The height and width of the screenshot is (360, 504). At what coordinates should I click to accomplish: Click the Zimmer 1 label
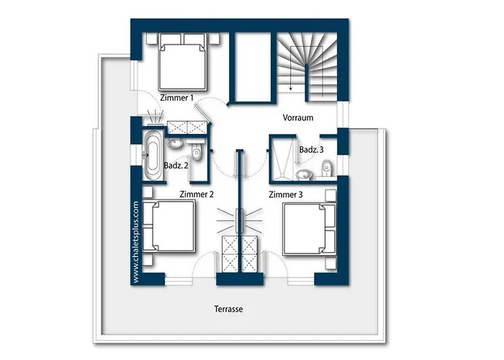pyautogui.click(x=177, y=97)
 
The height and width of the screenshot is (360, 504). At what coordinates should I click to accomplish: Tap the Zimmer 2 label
pyautogui.click(x=197, y=194)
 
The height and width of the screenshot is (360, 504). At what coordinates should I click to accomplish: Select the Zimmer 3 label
pyautogui.click(x=286, y=194)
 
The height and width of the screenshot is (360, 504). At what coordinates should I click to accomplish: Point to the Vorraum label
pyautogui.click(x=298, y=117)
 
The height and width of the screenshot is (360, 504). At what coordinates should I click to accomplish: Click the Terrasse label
pyautogui.click(x=228, y=309)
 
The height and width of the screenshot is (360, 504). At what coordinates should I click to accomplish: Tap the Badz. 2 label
pyautogui.click(x=176, y=166)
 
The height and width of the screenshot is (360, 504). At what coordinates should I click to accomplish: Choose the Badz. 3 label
pyautogui.click(x=312, y=150)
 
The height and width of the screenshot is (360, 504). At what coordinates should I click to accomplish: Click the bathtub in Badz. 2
pyautogui.click(x=152, y=156)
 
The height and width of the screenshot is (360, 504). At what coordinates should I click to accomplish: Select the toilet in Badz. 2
pyautogui.click(x=195, y=150)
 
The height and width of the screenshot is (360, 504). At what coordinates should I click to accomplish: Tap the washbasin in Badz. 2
pyautogui.click(x=175, y=143)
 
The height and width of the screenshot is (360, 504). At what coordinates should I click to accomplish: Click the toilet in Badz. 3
pyautogui.click(x=327, y=168)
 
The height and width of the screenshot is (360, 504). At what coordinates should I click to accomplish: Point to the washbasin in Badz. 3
pyautogui.click(x=304, y=175)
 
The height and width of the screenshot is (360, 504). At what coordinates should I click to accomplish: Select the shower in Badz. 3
pyautogui.click(x=282, y=158)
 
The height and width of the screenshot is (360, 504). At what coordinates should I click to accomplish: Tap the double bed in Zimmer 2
pyautogui.click(x=169, y=225)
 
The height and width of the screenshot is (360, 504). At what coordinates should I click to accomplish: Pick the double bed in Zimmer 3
pyautogui.click(x=309, y=229)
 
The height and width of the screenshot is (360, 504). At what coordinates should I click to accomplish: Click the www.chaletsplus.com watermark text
pyautogui.click(x=135, y=243)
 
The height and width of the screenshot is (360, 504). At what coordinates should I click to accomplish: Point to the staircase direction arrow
pyautogui.click(x=291, y=68)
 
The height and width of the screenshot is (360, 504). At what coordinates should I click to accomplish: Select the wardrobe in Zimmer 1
pyautogui.click(x=186, y=127)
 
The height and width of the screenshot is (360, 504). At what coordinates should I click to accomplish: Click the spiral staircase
pyautogui.click(x=307, y=66)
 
